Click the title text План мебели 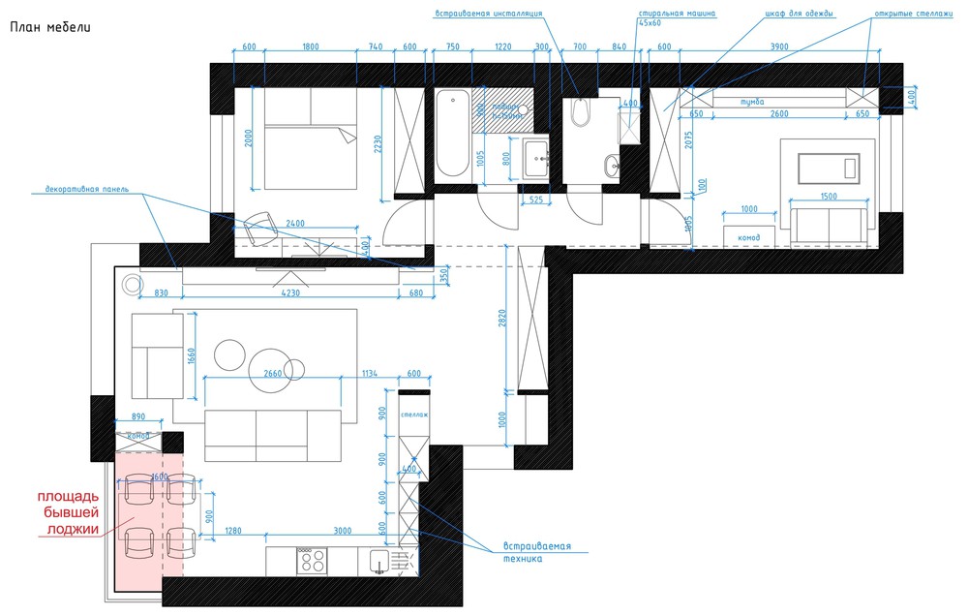[50, 27]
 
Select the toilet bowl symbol [580, 115]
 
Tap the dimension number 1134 [370, 373]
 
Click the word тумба [752, 101]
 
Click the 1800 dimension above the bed [311, 46]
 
